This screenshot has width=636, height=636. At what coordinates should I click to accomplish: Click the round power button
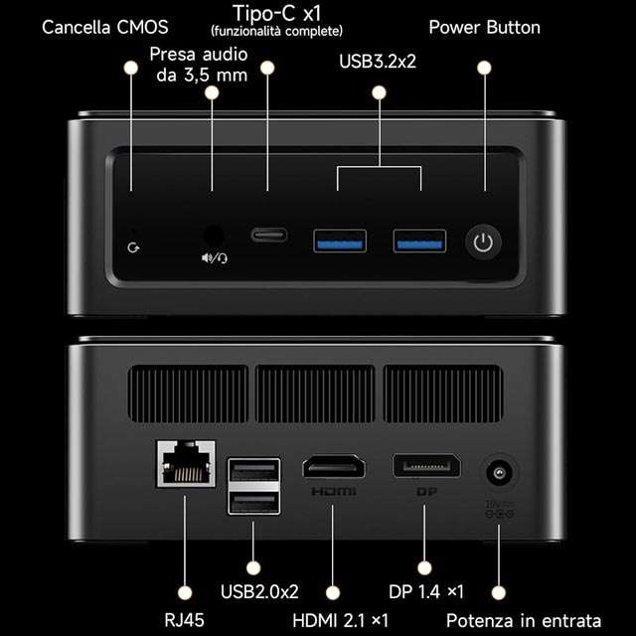483,242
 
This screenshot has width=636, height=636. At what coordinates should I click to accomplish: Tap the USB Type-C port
269,235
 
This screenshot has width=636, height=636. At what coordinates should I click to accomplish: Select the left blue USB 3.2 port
340,240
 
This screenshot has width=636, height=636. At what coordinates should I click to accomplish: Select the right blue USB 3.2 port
419,240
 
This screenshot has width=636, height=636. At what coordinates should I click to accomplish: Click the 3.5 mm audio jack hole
213,237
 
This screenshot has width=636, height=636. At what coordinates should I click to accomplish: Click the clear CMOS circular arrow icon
133,247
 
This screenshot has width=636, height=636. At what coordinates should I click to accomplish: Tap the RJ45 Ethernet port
186,464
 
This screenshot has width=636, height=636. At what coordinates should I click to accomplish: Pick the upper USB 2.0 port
254,471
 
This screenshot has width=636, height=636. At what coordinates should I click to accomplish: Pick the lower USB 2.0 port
254,502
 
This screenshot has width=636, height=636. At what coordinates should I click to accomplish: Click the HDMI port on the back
334,466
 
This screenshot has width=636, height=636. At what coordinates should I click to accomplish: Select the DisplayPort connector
426,466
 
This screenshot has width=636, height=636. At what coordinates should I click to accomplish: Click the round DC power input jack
499,473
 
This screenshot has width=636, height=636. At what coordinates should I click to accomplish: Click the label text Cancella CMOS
105,28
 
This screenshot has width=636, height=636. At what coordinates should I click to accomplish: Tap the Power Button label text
484,28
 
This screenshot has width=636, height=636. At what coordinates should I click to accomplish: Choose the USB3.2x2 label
378,62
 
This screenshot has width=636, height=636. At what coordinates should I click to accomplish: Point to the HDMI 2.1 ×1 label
340,620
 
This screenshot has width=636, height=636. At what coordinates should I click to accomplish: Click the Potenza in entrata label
524,620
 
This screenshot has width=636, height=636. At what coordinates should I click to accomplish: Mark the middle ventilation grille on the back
315,394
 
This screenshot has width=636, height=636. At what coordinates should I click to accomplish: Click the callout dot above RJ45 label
185,593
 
